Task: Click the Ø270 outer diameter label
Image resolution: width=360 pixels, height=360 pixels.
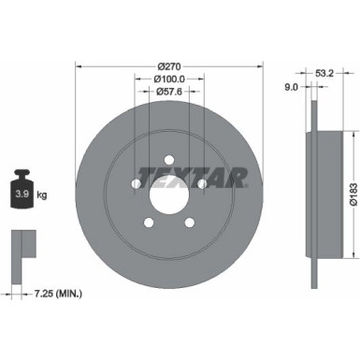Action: (x=169, y=66)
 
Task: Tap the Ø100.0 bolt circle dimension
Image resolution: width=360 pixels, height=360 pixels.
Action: (x=169, y=80)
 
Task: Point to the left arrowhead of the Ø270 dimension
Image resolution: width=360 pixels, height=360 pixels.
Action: (x=79, y=66)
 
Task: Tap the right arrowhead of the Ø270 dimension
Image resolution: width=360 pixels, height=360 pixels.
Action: (x=260, y=66)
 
